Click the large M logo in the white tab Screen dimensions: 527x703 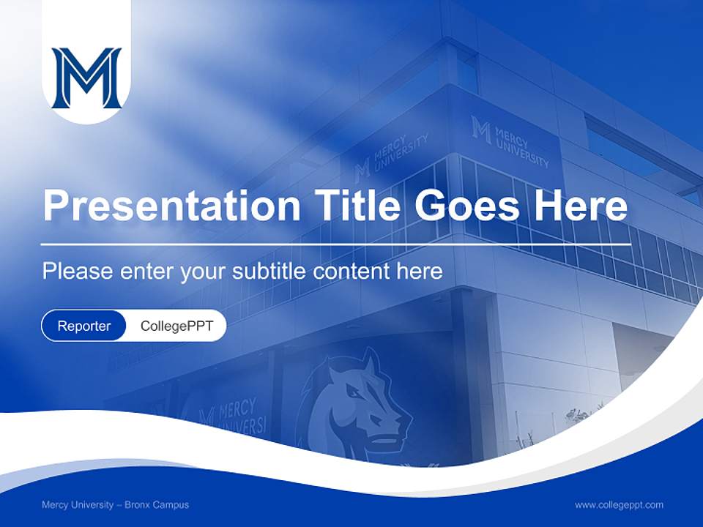click(86, 78)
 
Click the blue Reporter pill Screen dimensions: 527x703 click(84, 326)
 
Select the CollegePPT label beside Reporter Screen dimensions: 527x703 click(176, 326)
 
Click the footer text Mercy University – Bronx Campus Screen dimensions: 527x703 click(115, 505)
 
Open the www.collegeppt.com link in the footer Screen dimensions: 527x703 click(619, 505)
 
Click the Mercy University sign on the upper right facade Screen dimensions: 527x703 click(511, 143)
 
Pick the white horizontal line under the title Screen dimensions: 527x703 click(336, 244)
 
